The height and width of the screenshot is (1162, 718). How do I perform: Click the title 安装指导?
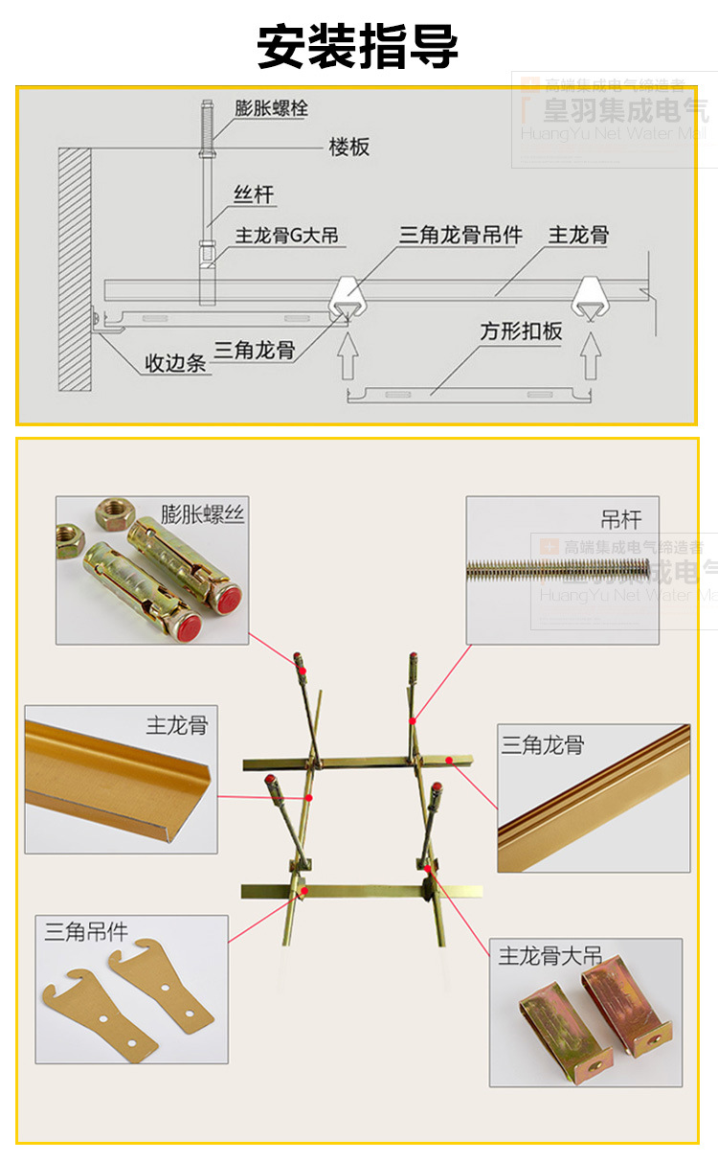pos(358,45)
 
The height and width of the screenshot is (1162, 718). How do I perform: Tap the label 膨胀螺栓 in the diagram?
pos(271,108)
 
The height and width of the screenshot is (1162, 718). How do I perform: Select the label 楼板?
pos(348,147)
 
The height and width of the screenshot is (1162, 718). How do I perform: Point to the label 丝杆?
pos(254,195)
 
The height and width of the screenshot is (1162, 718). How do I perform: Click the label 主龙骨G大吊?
pos(286,235)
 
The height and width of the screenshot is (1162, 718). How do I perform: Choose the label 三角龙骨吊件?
pos(460,235)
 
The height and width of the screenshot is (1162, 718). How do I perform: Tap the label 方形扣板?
pos(521,331)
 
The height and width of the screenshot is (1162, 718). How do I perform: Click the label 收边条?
pos(175,363)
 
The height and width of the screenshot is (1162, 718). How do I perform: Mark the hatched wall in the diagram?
pos(74,268)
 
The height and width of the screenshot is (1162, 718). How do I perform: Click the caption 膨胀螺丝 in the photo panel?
pos(202,514)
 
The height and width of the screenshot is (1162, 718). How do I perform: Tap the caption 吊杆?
pos(620,519)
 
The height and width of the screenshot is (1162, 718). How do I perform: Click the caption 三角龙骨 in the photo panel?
pos(542,744)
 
